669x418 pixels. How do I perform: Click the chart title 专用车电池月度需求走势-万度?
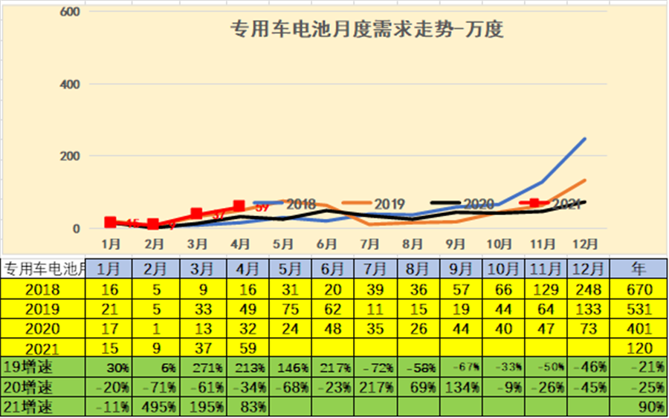(x=369, y=31)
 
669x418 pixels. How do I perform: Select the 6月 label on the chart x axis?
(x=326, y=243)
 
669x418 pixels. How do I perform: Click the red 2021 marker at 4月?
(x=239, y=206)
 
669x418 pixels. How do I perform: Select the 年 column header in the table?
(x=638, y=268)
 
